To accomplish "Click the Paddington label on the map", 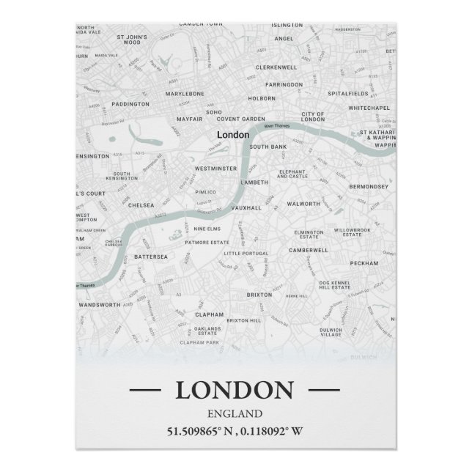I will pos(131,104).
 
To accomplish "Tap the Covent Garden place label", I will pos(240,119).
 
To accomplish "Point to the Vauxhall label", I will pos(246,208).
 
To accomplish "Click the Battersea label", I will pos(151,257).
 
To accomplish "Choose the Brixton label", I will pos(259,295).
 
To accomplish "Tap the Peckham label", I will pos(364,263).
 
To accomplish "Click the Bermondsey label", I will pos(368,187).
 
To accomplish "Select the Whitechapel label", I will pos(369,108).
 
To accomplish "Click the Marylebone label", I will pos(184,95).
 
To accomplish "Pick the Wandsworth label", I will pos(99,304).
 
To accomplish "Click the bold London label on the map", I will pos(233,135).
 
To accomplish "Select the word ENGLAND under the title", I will pos(235,413).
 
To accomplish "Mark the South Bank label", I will pos(268,147).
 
